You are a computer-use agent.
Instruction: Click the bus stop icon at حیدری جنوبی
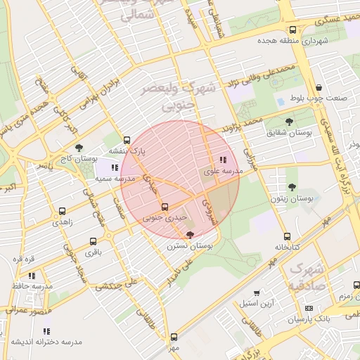pyautogui.click(x=165, y=207)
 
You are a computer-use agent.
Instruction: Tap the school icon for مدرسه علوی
pyautogui.click(x=224, y=160)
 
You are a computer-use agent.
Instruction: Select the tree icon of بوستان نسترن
pyautogui.click(x=190, y=235)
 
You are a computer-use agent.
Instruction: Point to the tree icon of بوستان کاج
pyautogui.click(x=79, y=148)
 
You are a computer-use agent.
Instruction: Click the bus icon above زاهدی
pyautogui.click(x=63, y=210)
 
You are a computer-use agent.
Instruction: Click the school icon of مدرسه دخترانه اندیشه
pyautogui.click(x=46, y=330)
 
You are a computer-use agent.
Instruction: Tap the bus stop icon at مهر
pyautogui.click(x=174, y=337)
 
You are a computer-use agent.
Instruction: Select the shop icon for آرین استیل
pyautogui.click(x=257, y=292)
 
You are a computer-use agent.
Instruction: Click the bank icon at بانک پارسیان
pyautogui.click(x=309, y=309)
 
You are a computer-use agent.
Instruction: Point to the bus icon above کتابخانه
pyautogui.click(x=287, y=236)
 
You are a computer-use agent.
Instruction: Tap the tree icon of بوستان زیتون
pyautogui.click(x=292, y=187)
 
